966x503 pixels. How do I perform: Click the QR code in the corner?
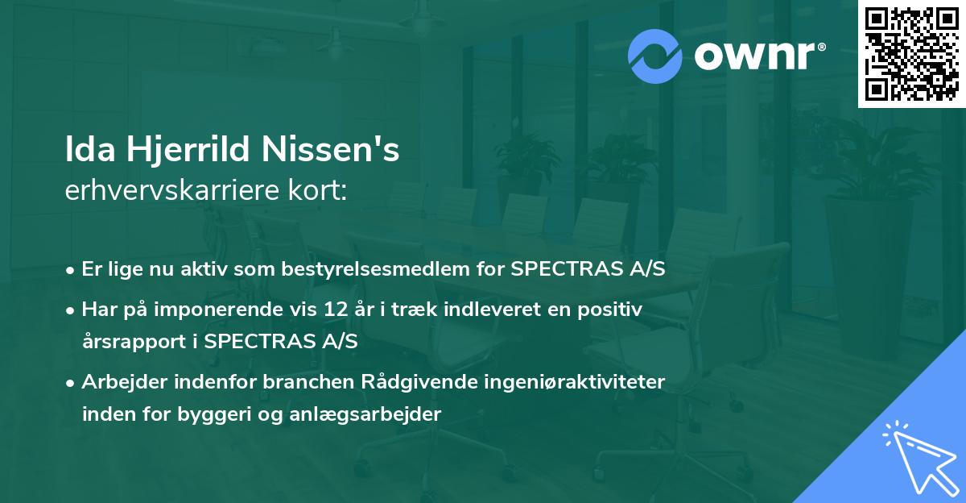[910, 54]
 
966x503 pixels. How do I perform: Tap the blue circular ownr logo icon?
[655, 56]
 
